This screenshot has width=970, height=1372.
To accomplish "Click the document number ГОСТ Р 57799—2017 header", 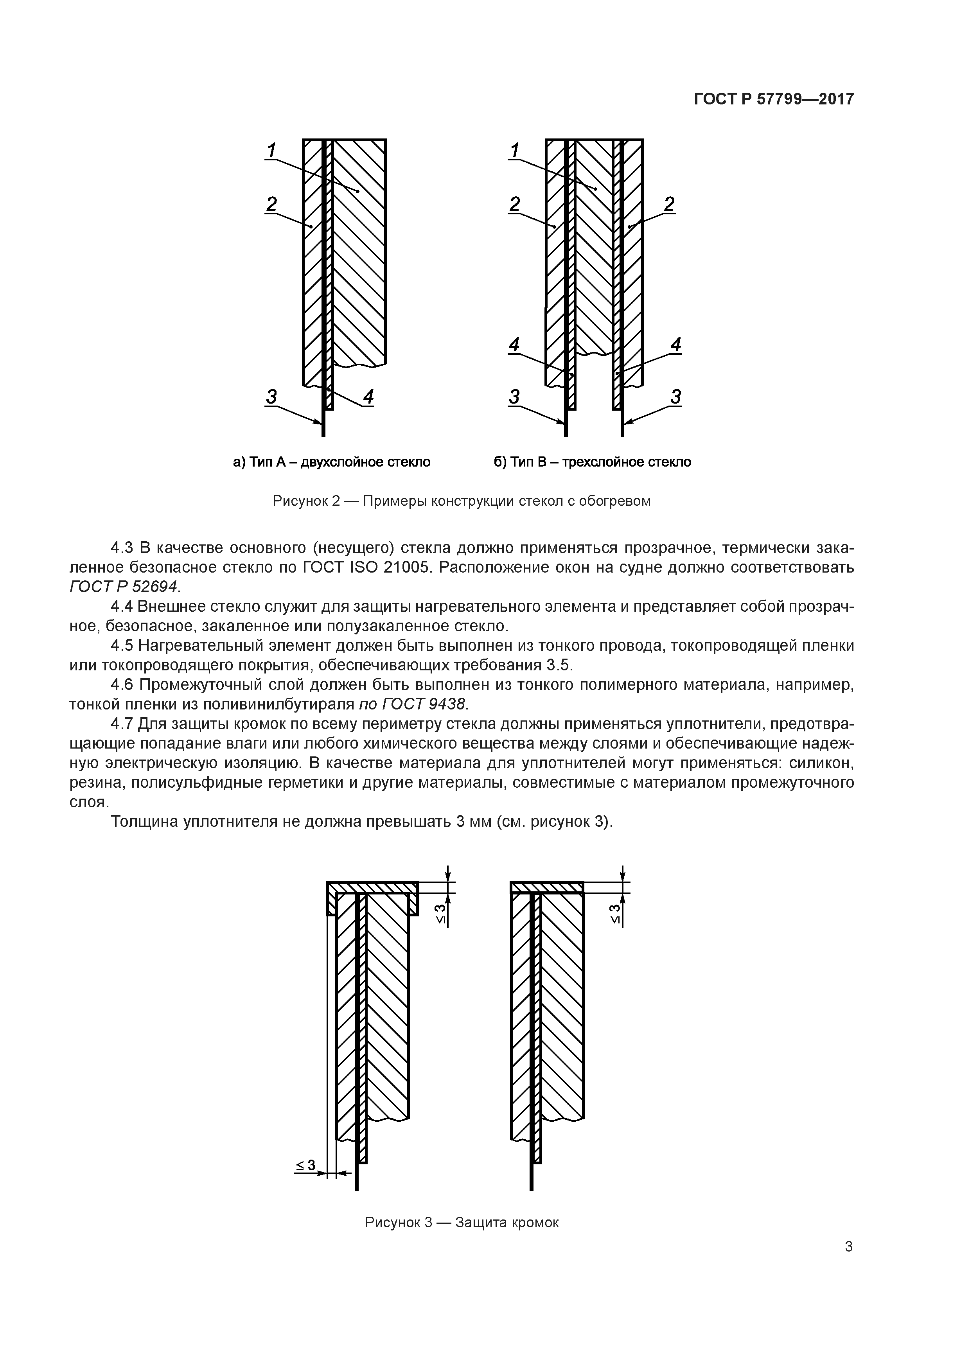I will coord(774,99).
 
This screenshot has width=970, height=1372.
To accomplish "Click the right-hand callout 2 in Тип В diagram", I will coord(669,205).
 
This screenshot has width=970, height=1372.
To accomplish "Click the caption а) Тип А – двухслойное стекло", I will coord(332,462).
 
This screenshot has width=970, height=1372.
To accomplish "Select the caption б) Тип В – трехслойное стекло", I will coord(592,462).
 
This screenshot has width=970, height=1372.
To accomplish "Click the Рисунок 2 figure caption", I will coord(462,501).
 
